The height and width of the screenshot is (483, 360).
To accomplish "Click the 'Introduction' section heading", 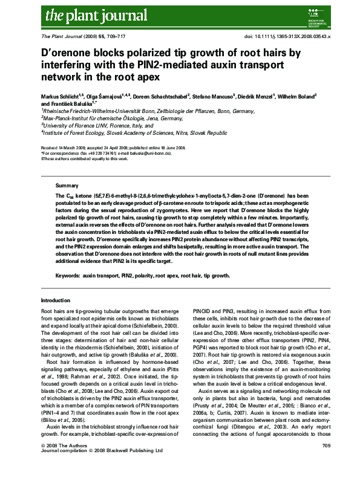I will tap(55, 300).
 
